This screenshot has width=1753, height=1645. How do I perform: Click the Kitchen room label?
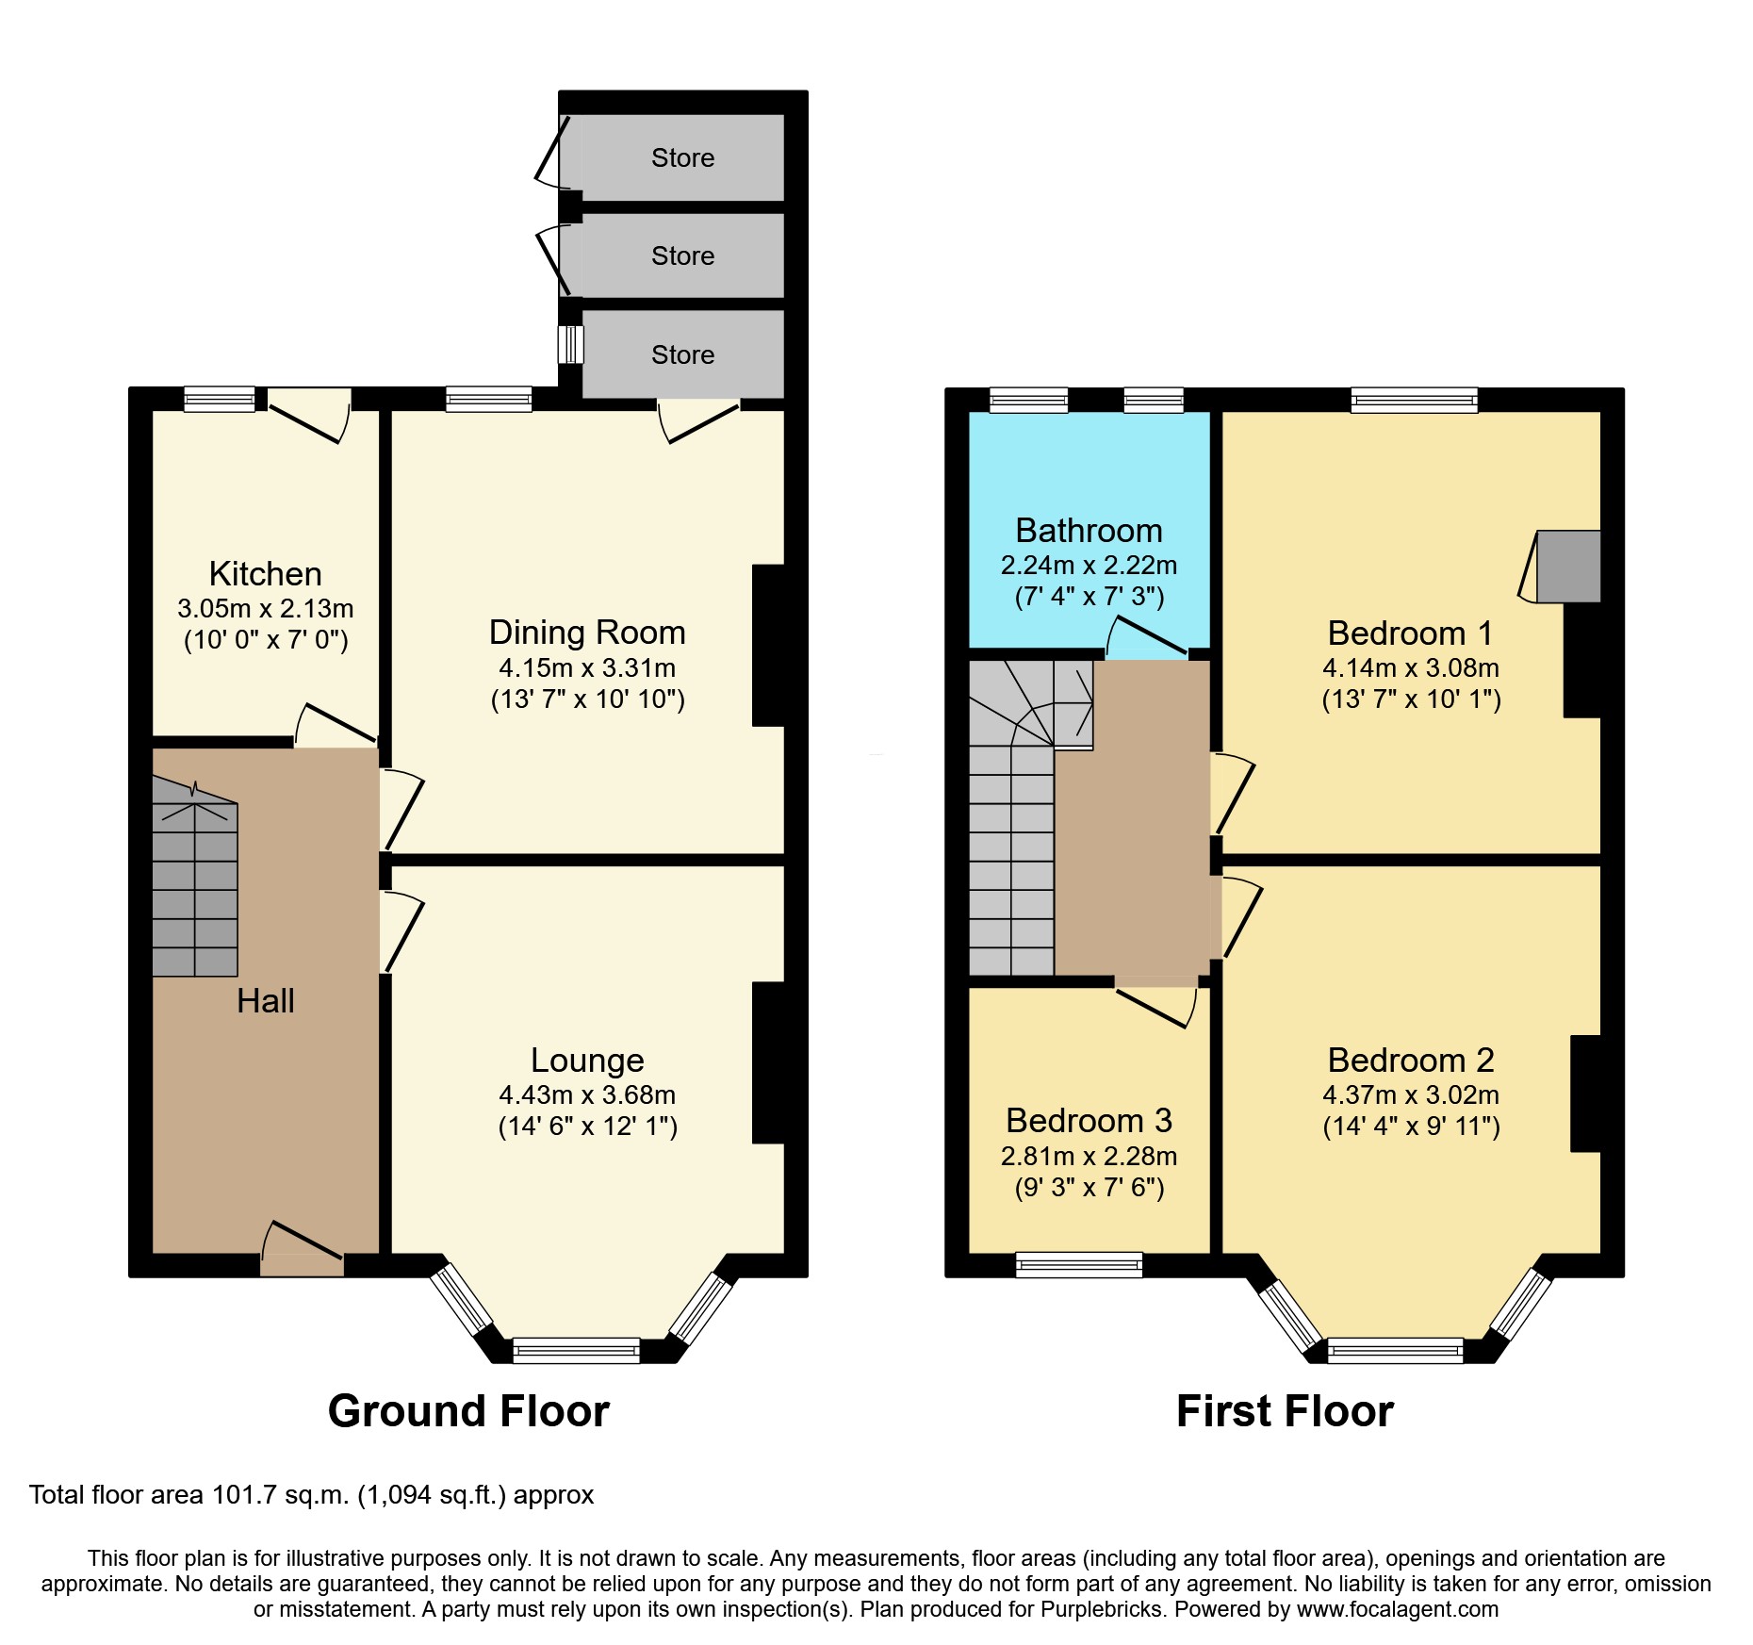[265, 573]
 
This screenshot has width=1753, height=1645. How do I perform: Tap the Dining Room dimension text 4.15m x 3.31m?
[587, 668]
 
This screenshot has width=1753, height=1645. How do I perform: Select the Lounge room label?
[587, 1060]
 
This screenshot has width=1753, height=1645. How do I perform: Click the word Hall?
[265, 1000]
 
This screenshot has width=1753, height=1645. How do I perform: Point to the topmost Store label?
[682, 157]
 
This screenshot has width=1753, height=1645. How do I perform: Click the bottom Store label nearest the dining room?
[682, 354]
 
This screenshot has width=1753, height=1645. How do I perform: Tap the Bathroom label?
[1089, 531]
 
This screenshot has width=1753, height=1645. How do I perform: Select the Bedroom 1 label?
[1410, 633]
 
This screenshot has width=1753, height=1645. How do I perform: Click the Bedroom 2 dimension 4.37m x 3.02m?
[1410, 1095]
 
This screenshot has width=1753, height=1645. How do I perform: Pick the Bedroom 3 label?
[1089, 1120]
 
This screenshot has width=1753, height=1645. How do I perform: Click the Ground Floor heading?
[468, 1411]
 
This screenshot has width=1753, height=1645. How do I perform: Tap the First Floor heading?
[1285, 1411]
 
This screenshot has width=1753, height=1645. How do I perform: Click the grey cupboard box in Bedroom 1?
[1568, 566]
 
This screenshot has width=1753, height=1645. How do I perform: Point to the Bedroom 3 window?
[1079, 1264]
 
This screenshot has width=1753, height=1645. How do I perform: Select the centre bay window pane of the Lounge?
[576, 1351]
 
